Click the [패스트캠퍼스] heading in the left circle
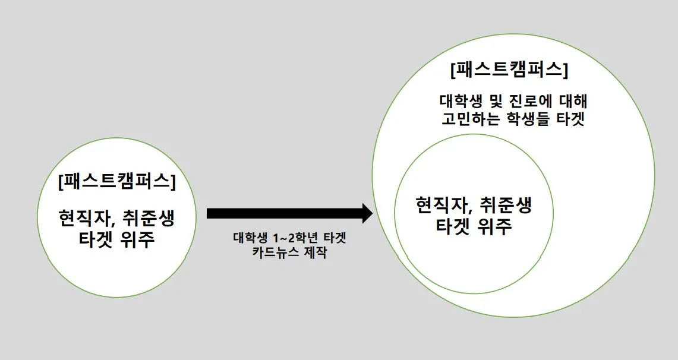point(117,181)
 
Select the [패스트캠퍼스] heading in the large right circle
point(509,70)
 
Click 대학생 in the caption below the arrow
point(248,238)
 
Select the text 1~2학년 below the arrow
point(289,238)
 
